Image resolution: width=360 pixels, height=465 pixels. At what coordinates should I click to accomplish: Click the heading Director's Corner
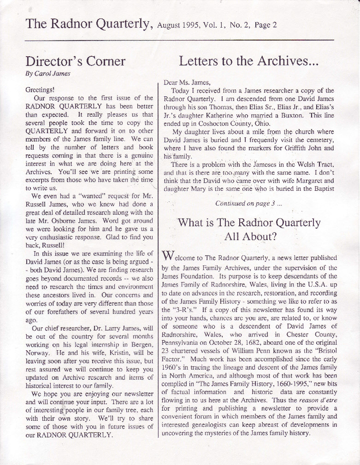[75, 61]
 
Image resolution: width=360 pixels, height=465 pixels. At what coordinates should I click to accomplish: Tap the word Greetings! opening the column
[41, 90]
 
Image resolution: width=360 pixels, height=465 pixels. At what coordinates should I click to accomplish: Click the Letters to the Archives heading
[248, 61]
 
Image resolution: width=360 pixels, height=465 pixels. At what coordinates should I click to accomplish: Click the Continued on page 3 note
[248, 203]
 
